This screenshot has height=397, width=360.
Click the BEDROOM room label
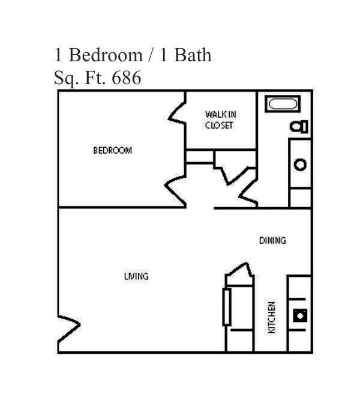[112, 150]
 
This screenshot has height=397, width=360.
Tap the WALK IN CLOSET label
[219, 120]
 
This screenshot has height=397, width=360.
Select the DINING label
[272, 241]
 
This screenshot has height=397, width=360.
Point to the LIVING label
[136, 276]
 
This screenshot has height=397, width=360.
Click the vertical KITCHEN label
[272, 318]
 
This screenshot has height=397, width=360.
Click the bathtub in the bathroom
[283, 104]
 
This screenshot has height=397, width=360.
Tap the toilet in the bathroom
[299, 126]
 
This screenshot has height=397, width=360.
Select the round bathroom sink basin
[300, 164]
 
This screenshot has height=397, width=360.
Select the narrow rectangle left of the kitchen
[227, 306]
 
